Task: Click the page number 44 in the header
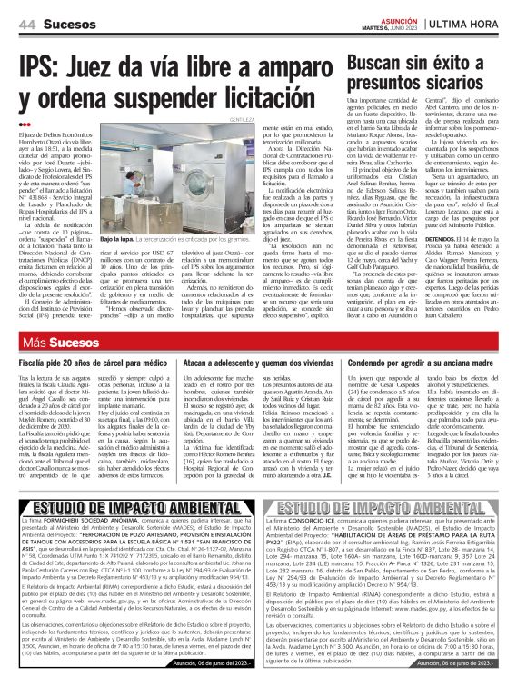[26, 22]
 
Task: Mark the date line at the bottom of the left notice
[214, 663]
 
